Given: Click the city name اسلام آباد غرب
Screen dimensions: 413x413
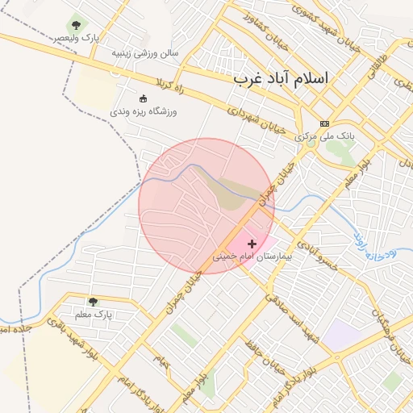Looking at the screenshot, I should point(282,79).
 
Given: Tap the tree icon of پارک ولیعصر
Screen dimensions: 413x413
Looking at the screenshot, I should point(77,25).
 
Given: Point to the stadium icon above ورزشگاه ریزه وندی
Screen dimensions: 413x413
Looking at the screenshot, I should point(144,98).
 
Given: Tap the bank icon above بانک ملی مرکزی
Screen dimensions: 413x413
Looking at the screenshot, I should point(324,123).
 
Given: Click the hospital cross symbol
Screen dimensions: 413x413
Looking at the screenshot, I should point(252,243).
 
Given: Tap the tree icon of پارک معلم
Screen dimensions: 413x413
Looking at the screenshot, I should point(92,301).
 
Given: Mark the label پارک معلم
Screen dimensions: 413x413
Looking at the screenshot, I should point(94,314).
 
